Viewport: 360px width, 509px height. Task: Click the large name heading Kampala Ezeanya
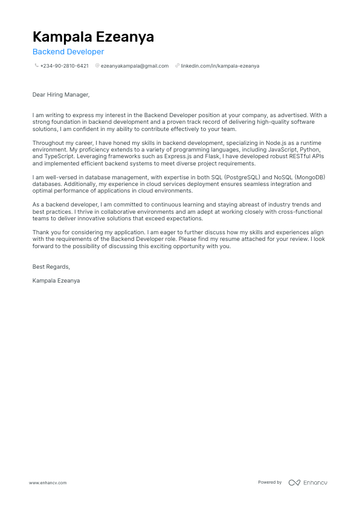pyautogui.click(x=93, y=37)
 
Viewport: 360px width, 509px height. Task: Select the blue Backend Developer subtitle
pyautogui.click(x=68, y=52)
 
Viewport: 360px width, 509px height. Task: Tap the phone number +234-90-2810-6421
pyautogui.click(x=64, y=66)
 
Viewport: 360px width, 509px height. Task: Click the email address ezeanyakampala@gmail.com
pyautogui.click(x=135, y=66)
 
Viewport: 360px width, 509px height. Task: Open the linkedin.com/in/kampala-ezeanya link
pyautogui.click(x=220, y=66)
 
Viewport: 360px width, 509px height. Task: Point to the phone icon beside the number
pyautogui.click(x=36, y=66)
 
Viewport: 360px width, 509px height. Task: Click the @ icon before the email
pyautogui.click(x=97, y=66)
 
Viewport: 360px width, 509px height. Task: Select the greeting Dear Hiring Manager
pyautogui.click(x=61, y=94)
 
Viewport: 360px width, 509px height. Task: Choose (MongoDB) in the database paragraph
pyautogui.click(x=308, y=177)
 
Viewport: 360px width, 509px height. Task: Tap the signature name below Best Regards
pyautogui.click(x=56, y=281)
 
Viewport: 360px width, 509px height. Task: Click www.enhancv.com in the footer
pyautogui.click(x=48, y=482)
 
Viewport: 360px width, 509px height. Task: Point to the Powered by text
pyautogui.click(x=270, y=482)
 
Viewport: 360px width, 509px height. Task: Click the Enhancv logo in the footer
pyautogui.click(x=308, y=482)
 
